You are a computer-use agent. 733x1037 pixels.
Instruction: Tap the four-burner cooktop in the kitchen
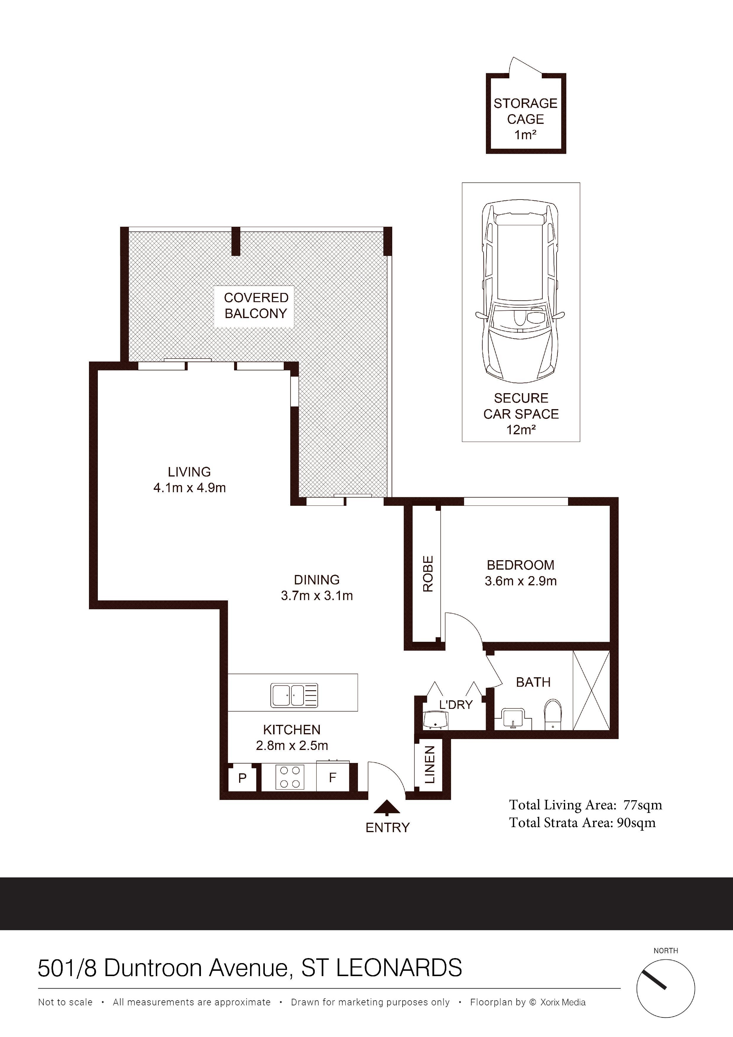pyautogui.click(x=289, y=777)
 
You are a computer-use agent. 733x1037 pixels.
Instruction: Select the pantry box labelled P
pyautogui.click(x=243, y=778)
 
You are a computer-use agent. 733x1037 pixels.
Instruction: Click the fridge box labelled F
pyautogui.click(x=333, y=778)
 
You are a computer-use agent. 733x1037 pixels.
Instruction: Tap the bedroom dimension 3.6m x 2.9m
pyautogui.click(x=520, y=581)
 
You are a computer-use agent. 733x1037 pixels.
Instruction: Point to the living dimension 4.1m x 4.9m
pyautogui.click(x=189, y=488)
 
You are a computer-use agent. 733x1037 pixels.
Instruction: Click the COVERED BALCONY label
pyautogui.click(x=256, y=305)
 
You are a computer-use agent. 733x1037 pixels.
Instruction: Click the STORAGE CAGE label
pyautogui.click(x=525, y=111)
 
